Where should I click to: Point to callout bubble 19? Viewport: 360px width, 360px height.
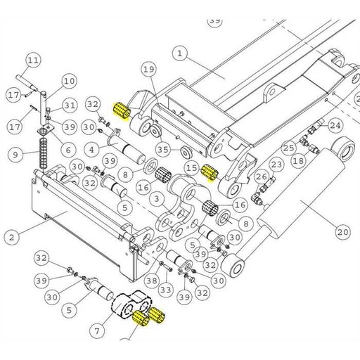(x=148, y=69)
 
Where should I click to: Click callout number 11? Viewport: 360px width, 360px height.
(x=33, y=60)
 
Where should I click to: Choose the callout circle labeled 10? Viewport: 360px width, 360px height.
(x=68, y=82)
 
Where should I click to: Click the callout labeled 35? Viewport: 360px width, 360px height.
(x=163, y=150)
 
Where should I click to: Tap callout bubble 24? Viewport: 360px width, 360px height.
(x=335, y=125)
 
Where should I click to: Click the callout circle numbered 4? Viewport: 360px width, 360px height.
(x=91, y=150)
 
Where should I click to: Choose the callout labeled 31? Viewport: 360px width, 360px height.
(x=68, y=106)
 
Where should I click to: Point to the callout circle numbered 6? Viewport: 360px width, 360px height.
(x=68, y=149)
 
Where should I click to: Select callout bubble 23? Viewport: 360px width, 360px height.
(x=276, y=165)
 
